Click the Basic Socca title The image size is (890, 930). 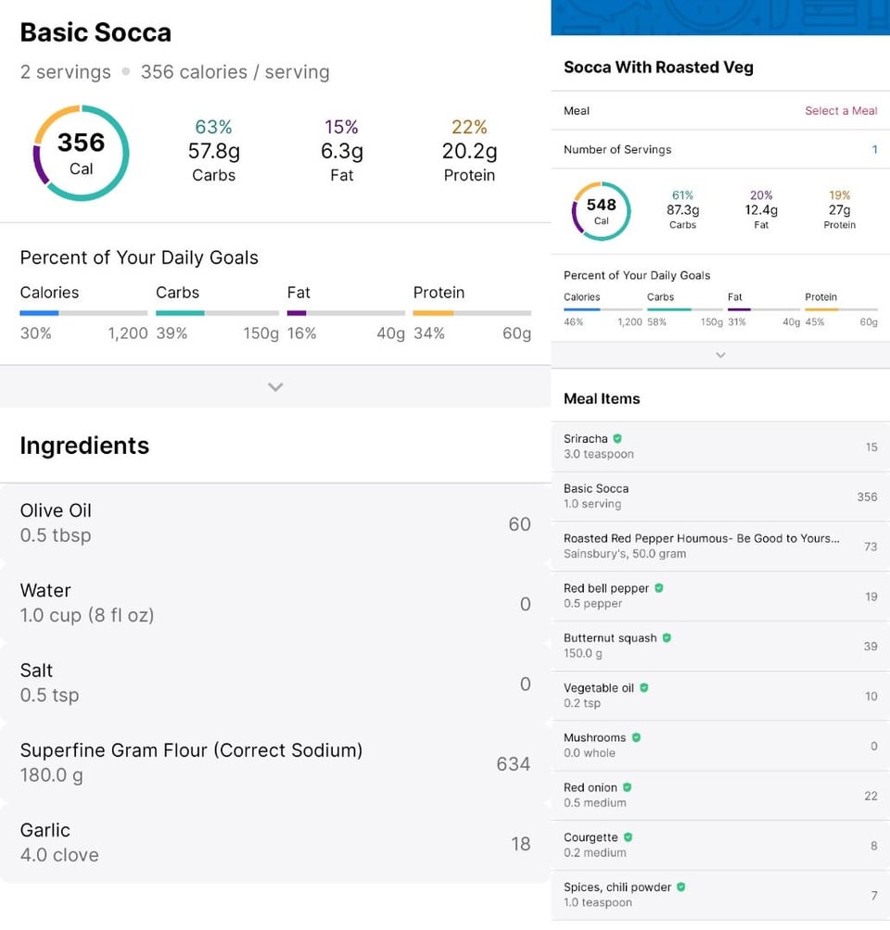(95, 32)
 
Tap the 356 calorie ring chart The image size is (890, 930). (81, 153)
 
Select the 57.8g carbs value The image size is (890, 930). (213, 151)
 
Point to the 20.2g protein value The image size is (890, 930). (469, 151)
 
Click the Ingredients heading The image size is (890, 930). (84, 446)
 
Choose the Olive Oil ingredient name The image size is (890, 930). (56, 510)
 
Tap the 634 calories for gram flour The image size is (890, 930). (514, 764)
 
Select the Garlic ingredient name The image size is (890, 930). (44, 830)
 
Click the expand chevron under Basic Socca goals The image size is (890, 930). (275, 387)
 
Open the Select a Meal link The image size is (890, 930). (841, 111)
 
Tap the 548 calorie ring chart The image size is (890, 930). (601, 211)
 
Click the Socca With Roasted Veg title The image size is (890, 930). (658, 68)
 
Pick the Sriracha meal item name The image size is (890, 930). (586, 439)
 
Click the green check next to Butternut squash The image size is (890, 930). (667, 638)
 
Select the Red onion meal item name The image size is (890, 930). (590, 787)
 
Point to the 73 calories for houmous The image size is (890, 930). (871, 547)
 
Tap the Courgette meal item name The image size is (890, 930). (591, 837)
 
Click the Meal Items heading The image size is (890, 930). (602, 398)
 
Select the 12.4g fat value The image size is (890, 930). (761, 210)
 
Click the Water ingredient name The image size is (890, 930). (45, 590)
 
